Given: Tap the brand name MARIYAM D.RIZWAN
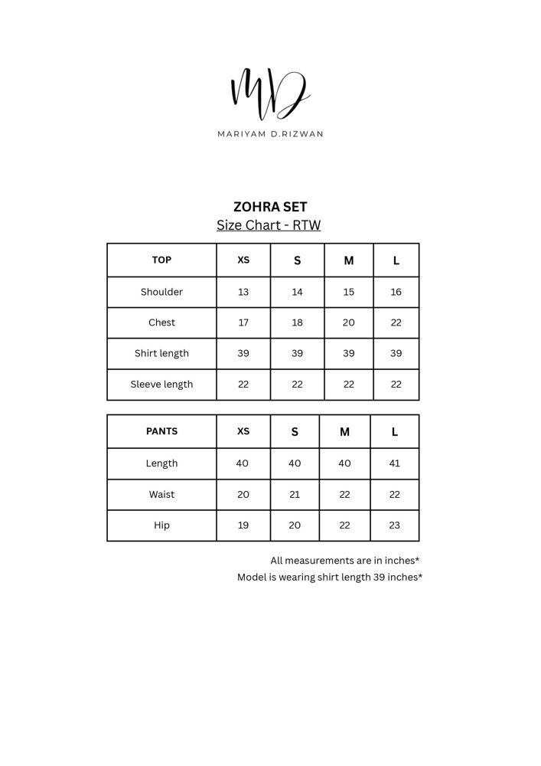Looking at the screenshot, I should click(270, 134).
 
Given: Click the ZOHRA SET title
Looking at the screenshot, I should click(270, 207).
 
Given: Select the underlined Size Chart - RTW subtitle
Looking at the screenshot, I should click(269, 225).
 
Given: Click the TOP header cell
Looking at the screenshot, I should click(161, 260).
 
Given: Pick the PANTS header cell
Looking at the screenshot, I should click(161, 431).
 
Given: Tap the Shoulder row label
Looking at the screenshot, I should click(161, 292).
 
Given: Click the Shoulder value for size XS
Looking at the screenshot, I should click(243, 292).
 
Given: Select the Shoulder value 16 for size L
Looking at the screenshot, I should click(396, 292).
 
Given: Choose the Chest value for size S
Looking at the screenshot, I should click(297, 322).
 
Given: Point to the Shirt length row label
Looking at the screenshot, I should click(161, 353).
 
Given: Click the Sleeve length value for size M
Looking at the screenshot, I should click(348, 385).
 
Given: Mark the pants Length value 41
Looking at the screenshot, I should click(394, 463).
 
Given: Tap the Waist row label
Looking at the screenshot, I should click(161, 495).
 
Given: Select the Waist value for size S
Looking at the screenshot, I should click(295, 495).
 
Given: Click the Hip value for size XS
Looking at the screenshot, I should click(243, 525).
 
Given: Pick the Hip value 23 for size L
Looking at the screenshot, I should click(394, 525).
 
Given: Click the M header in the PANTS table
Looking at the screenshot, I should click(344, 432).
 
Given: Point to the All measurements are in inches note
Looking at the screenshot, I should click(344, 561).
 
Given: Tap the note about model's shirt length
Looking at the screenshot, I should click(329, 578).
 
